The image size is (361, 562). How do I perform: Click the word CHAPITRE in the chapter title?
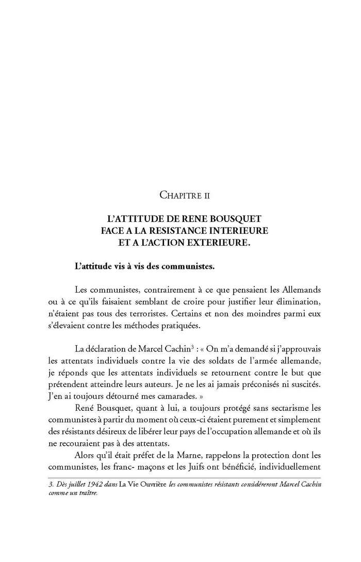coord(177,195)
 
